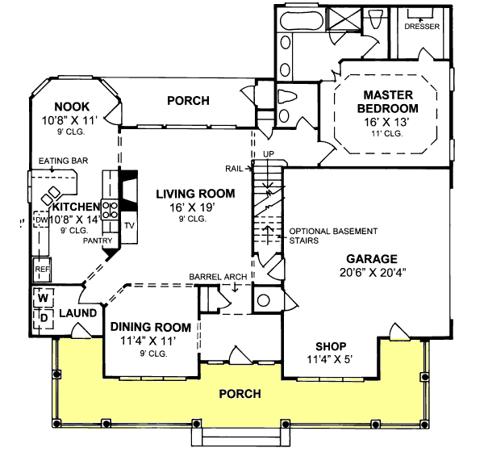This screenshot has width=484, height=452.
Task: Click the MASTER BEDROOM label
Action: (x=390, y=101)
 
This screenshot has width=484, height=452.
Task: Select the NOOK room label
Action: (x=73, y=107)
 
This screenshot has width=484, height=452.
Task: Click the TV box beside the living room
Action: (x=129, y=225)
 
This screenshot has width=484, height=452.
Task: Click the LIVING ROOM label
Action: (x=195, y=194)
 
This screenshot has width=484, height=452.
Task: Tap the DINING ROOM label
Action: (x=151, y=327)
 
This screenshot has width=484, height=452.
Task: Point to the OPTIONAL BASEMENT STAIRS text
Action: (x=332, y=236)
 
